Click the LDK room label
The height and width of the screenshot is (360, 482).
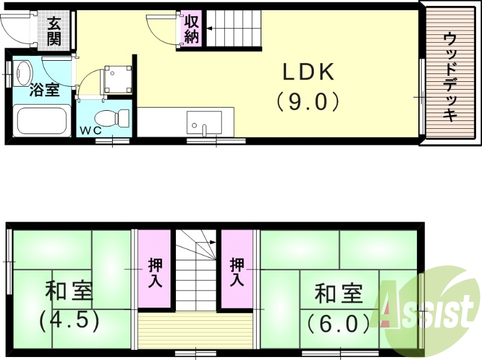click(x=308, y=73)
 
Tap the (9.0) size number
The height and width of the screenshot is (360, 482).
click(x=308, y=101)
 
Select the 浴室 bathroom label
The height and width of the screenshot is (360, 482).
click(x=45, y=91)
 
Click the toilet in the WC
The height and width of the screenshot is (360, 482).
click(x=114, y=117)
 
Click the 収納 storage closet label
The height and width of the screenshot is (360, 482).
click(x=192, y=28)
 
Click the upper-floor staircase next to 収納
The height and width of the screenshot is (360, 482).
click(x=235, y=28)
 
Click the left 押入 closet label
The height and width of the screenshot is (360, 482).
click(x=155, y=272)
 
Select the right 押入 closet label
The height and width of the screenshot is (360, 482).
click(x=237, y=272)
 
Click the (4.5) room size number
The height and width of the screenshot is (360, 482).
click(x=69, y=320)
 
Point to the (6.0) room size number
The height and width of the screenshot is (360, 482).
click(x=337, y=324)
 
